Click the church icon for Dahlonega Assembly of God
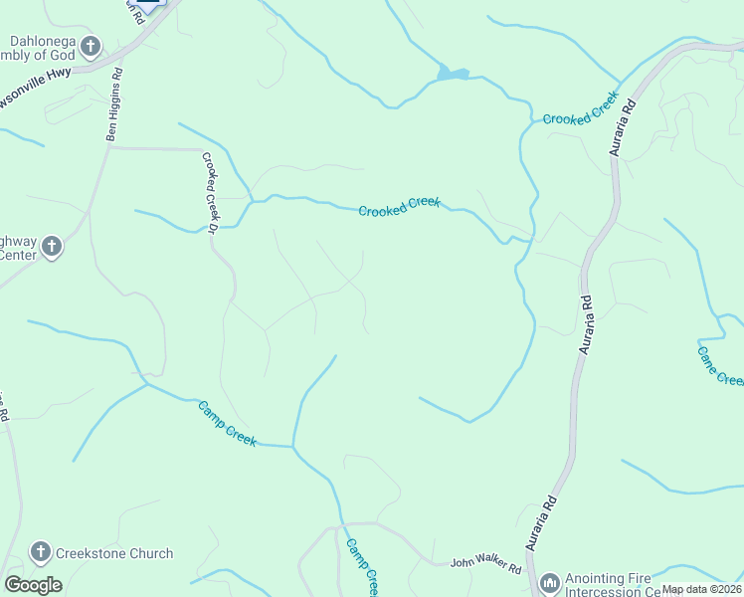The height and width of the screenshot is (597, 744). click(x=91, y=46)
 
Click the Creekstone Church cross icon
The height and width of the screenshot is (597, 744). click(x=41, y=551)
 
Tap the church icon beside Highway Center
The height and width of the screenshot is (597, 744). click(x=53, y=246)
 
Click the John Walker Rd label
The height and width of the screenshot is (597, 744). click(x=484, y=567)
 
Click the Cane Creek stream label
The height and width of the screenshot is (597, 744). click(x=719, y=365)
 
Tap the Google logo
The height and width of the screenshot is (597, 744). click(x=33, y=585)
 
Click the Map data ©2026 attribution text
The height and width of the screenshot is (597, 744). click(x=701, y=589)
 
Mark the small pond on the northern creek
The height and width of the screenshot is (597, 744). click(x=453, y=74)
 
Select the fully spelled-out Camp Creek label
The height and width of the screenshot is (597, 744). click(x=228, y=423)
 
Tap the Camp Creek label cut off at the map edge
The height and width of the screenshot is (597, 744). click(x=362, y=567)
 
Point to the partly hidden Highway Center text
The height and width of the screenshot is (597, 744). click(x=17, y=247)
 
